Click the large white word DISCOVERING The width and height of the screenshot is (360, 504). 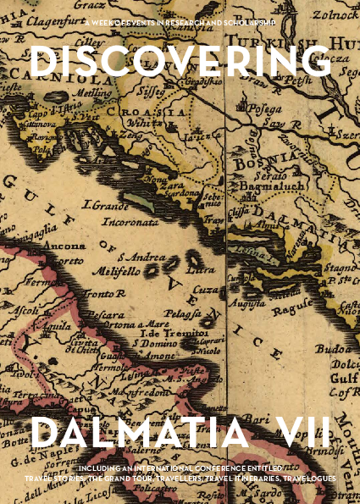coord(180,63)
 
